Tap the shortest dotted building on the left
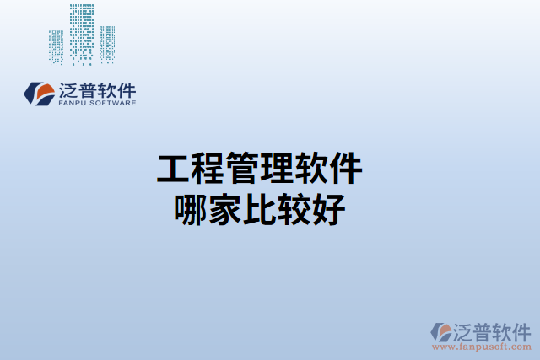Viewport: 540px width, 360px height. coord(57,46)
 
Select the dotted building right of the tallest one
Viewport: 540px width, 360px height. coord(107,44)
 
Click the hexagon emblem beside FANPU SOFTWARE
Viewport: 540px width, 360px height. coord(39,93)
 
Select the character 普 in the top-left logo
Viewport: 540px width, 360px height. coord(90,89)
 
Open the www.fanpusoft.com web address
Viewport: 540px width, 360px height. coord(481,347)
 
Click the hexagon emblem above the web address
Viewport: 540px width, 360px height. coord(441,331)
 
